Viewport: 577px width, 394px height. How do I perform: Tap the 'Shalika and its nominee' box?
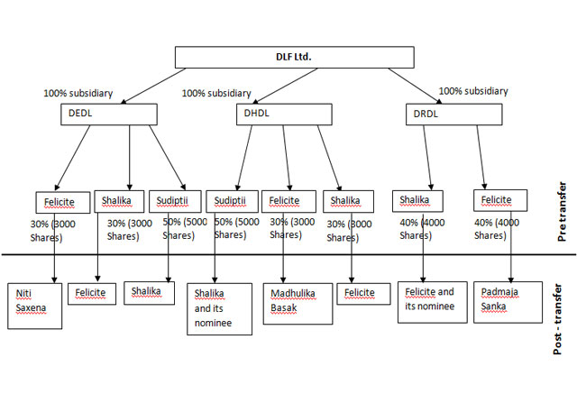point(219,307)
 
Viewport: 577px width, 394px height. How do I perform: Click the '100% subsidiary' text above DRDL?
point(472,91)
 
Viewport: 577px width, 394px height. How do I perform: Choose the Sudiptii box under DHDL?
point(232,200)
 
